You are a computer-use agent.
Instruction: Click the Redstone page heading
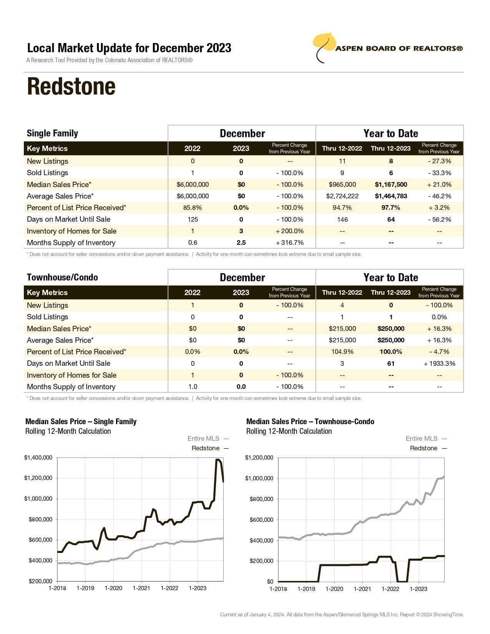point(71,86)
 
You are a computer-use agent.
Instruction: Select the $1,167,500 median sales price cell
point(391,184)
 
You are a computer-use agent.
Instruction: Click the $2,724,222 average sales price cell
point(342,196)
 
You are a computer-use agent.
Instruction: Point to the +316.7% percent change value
point(289,242)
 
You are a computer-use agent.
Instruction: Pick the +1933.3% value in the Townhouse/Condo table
point(439,363)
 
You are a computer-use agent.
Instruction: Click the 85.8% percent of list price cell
point(193,207)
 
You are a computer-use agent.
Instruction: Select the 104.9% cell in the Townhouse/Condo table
point(342,352)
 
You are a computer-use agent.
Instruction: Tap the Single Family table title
point(52,133)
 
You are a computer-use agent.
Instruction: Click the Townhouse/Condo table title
point(62,277)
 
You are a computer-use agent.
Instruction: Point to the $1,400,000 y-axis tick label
point(38,458)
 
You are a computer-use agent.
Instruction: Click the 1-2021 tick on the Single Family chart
point(141,588)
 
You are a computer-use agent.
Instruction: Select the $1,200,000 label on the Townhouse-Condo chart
point(259,458)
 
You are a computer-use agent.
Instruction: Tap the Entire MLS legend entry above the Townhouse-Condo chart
point(422,438)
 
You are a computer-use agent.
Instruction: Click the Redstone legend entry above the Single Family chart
point(206,448)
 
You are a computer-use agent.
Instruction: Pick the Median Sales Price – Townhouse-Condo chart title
point(310,422)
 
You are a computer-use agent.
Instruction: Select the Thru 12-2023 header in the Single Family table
point(390,148)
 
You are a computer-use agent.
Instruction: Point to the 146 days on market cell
point(342,219)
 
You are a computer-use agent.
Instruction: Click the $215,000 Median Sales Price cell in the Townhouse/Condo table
point(342,329)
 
